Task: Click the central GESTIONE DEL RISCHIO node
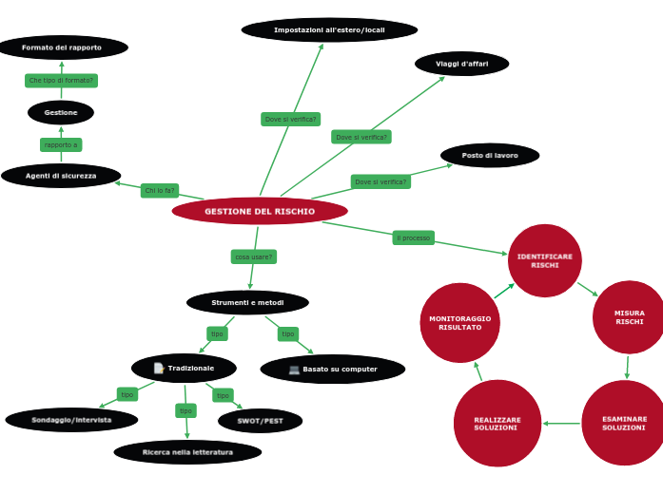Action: (260, 211)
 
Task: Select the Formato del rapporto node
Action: (62, 47)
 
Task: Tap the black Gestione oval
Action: (61, 112)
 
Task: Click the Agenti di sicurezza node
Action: (61, 176)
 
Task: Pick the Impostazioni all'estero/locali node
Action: (329, 30)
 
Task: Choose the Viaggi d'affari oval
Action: (462, 64)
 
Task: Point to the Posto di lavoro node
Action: (490, 155)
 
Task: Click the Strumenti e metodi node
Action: (247, 303)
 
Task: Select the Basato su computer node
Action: (333, 370)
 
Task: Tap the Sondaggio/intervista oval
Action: (71, 420)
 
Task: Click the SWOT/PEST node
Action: (260, 421)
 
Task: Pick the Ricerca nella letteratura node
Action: (187, 452)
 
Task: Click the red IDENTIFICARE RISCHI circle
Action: (545, 260)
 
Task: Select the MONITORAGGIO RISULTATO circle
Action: (460, 323)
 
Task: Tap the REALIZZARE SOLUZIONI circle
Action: (497, 424)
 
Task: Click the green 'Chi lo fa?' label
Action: (160, 191)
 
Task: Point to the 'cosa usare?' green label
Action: (254, 256)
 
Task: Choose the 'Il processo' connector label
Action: (414, 237)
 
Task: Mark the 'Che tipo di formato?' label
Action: (62, 81)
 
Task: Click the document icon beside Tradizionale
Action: (159, 369)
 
